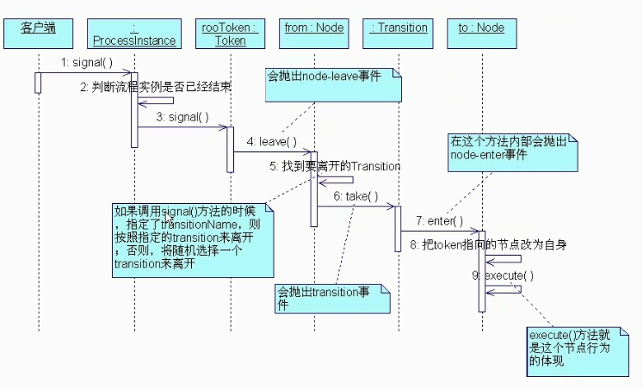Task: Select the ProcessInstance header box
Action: pos(133,34)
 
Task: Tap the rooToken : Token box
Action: pos(230,34)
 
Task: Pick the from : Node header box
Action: pos(314,34)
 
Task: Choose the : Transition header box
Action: pos(399,34)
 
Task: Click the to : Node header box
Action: pos(481,34)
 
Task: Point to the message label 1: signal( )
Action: pos(87,63)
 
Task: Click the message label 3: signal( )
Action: pos(182,117)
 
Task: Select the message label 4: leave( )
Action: pos(272,141)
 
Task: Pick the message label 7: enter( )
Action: pos(439,221)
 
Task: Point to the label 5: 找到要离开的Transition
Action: pos(335,165)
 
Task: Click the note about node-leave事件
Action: pos(335,84)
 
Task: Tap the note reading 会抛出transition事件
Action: pos(331,298)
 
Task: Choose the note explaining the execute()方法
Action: pos(572,351)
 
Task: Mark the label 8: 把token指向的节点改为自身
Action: pos(482,244)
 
